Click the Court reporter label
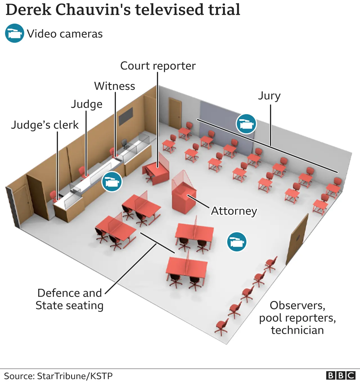[158, 66]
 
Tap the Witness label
[114, 86]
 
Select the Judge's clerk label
[45, 125]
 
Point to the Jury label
[269, 96]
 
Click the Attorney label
[234, 211]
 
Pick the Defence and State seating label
[69, 299]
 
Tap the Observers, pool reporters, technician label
[297, 318]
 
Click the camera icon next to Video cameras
[14, 33]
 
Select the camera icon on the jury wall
[246, 124]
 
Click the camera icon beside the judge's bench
[112, 182]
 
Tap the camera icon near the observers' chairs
[237, 242]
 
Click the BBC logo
[341, 376]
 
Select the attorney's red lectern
[183, 198]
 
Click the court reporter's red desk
[156, 172]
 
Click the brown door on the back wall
[175, 112]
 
